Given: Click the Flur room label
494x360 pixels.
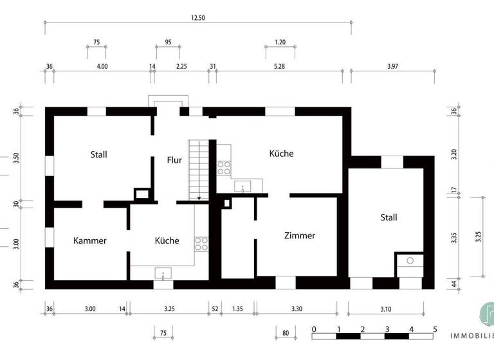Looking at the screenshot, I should [174, 160].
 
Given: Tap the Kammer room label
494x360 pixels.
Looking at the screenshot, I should [90, 241].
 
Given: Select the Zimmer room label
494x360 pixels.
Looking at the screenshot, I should [300, 236].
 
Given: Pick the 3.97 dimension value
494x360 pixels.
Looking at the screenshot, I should [394, 66].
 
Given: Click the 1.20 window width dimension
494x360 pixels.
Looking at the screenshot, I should [280, 42].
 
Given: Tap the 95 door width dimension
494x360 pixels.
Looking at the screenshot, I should [168, 42].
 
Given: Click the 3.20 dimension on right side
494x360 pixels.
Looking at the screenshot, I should [454, 155].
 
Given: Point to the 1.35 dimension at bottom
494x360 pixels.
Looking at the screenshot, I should [237, 309].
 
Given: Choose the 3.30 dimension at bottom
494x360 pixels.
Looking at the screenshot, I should [297, 309].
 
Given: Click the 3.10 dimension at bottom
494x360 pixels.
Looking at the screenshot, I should [385, 309].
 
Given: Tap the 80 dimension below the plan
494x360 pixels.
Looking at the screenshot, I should [286, 333].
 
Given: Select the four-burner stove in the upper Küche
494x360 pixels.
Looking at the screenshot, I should [224, 168].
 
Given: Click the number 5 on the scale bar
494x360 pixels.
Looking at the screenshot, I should [435, 329].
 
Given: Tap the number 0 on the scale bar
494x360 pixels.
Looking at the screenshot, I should [313, 329].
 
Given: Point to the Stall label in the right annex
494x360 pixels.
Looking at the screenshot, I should [389, 217].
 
